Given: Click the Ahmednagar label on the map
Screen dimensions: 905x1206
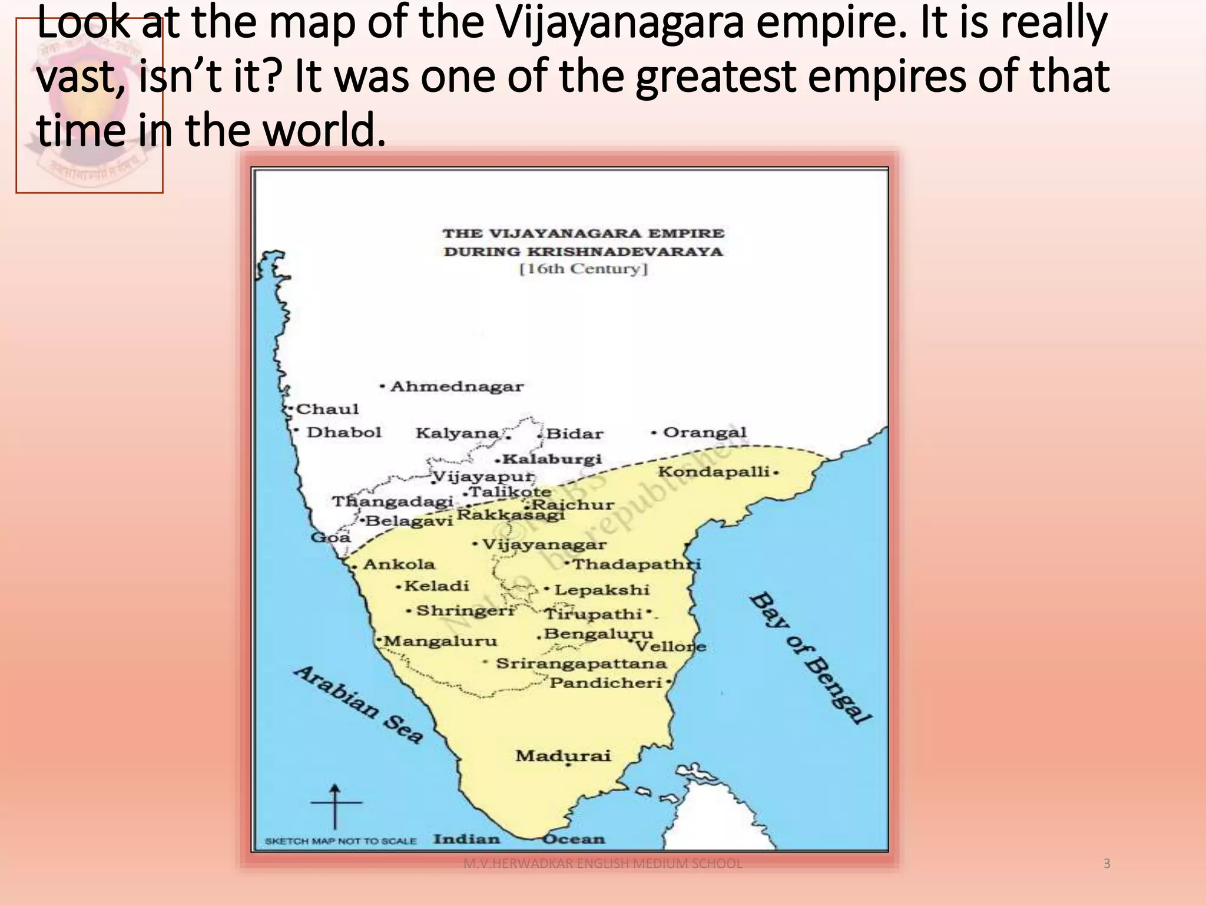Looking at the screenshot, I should coord(456,387).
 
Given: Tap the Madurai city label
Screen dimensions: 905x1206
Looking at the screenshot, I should coord(563,756).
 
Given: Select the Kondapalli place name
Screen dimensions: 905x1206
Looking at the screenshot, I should coord(714,471).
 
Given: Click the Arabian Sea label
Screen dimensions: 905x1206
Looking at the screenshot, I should coord(358,705).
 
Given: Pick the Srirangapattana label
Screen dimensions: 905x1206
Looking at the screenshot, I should coord(581,663).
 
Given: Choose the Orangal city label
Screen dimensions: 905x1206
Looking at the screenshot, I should coord(704,432).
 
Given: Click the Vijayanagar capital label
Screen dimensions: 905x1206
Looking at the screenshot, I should coord(544,544).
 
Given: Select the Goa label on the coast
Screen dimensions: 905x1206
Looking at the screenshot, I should coord(330,537).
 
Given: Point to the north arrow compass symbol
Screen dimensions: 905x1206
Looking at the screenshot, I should coord(335,805).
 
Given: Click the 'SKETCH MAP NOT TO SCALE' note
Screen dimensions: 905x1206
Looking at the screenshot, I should coord(340,841).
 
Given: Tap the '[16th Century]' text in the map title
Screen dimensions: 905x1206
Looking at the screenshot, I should coord(583,269).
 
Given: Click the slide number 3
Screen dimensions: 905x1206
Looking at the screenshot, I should coord(1106,864).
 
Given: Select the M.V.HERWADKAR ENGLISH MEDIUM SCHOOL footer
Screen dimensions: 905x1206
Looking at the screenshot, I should coord(602,864).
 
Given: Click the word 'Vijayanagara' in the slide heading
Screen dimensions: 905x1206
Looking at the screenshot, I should coord(619,25).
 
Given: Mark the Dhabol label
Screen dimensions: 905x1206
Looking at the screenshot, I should coord(344,432).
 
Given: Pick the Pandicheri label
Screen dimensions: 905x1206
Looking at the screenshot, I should coord(606,683).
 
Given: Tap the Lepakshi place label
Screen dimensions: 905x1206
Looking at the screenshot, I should coord(601,590).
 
